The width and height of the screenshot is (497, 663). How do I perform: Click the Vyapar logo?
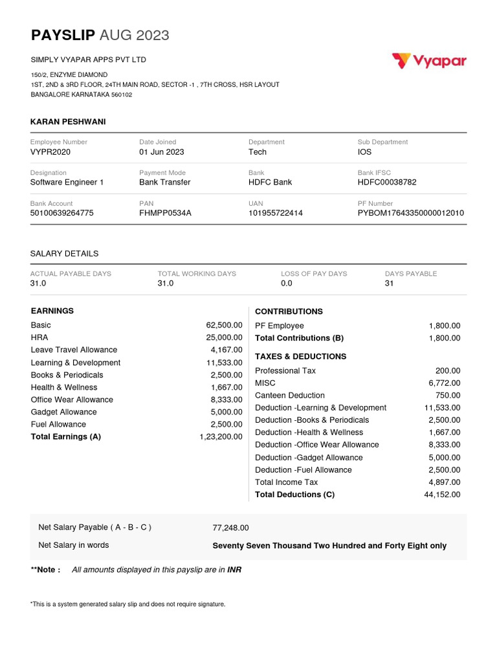point(429,62)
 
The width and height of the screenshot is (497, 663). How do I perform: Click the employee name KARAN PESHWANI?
point(68,122)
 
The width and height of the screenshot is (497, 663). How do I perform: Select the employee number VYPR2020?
point(50,152)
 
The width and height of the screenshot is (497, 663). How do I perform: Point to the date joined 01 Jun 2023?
point(161,152)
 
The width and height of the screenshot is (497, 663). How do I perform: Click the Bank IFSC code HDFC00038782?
point(387,183)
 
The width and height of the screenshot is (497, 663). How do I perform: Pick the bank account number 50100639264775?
point(61,213)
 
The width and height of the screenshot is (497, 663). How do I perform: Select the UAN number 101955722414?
point(275,213)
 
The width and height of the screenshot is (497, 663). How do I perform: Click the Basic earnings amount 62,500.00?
point(224,325)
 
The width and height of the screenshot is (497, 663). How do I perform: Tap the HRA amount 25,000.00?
point(224,337)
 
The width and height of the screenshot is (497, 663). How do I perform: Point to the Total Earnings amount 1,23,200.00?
point(221,437)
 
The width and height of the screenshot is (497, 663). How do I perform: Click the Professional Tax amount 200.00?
point(448,371)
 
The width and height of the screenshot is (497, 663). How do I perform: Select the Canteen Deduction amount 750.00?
point(448,396)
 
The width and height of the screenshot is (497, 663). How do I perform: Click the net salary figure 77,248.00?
point(230,528)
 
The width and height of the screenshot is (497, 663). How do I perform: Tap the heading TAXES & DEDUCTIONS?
point(300,357)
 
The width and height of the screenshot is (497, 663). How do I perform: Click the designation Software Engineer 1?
point(67,183)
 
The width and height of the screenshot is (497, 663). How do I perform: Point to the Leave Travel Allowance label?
point(74,350)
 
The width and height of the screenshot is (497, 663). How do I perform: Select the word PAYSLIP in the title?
point(63,36)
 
